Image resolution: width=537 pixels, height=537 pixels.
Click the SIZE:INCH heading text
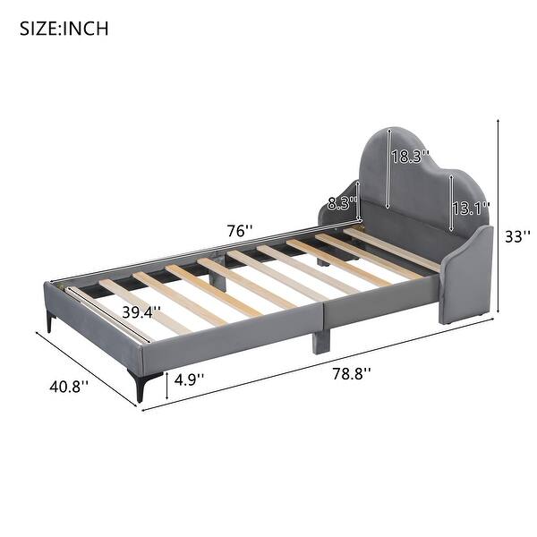pyautogui.click(x=64, y=28)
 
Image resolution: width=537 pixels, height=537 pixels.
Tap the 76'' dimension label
pyautogui.click(x=238, y=231)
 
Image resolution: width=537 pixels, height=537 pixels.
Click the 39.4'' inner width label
pyautogui.click(x=141, y=312)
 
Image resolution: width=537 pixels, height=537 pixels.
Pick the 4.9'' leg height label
pyautogui.click(x=187, y=379)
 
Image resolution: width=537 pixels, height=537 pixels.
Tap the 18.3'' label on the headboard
pyautogui.click(x=409, y=156)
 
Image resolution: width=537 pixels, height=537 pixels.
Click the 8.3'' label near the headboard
pyautogui.click(x=341, y=203)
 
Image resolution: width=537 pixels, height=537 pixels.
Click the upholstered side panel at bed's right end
pyautogui.click(x=465, y=273)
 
